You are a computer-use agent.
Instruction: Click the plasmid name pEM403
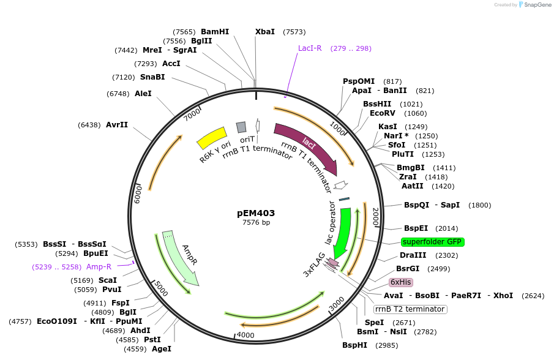[256, 213]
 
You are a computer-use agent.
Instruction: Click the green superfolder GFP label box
[433, 242]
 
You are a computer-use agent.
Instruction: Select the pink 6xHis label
[401, 282]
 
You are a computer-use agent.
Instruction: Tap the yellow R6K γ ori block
[212, 138]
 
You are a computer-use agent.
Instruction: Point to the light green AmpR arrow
[182, 257]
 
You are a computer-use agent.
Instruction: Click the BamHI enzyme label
[215, 32]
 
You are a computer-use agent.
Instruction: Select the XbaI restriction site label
[265, 32]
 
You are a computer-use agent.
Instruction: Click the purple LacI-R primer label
[310, 48]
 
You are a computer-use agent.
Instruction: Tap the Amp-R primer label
[99, 267]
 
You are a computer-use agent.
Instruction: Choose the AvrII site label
[117, 124]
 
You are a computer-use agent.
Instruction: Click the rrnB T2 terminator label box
[411, 309]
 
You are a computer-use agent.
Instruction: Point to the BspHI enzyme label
[354, 345]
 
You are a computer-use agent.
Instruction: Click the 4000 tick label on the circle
[245, 335]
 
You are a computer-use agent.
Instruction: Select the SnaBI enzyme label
[152, 77]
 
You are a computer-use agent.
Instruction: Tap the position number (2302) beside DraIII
[446, 255]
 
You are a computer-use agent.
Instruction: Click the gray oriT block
[241, 127]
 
